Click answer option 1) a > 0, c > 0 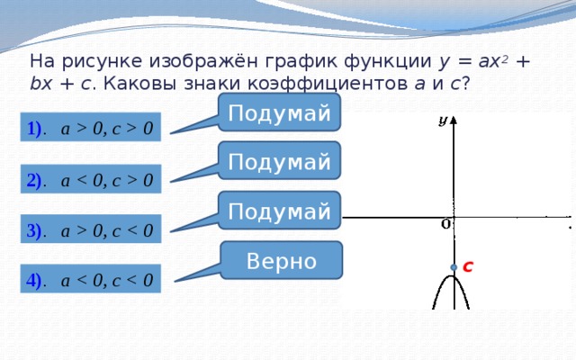pos(90,127)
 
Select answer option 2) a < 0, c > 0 pos(90,179)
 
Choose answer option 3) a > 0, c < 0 pos(90,229)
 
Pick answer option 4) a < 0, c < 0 pos(90,278)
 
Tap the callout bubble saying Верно pos(282,260)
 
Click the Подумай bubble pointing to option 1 pos(279,112)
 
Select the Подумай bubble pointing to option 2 pos(279,160)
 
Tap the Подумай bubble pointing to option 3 pos(279,211)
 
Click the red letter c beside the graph pos(468,266)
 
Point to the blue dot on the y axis pos(454,267)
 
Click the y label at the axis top pos(443,121)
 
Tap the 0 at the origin pos(445,224)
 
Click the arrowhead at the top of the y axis pos(454,120)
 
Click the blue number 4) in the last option pos(34,280)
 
